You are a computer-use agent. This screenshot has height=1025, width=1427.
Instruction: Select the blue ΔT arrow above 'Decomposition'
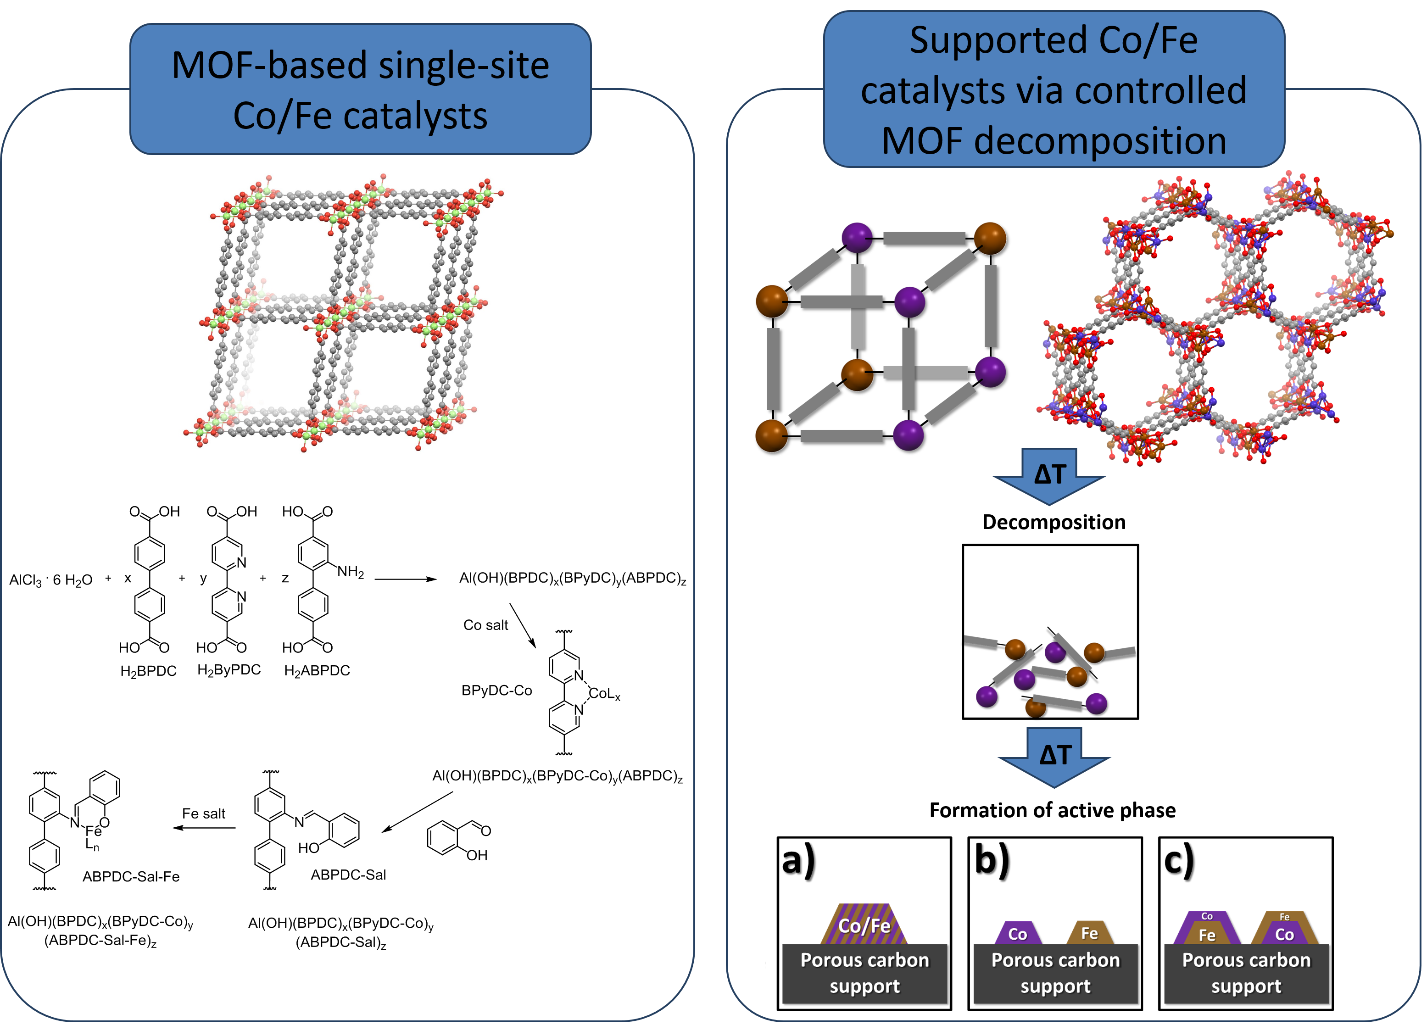pos(1049,476)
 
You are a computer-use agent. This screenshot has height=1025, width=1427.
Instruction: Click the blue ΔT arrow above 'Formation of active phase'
pos(1054,757)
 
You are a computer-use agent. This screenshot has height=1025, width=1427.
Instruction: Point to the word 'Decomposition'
pos(1054,522)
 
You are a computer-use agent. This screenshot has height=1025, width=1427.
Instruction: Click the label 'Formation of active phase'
pos(1053,810)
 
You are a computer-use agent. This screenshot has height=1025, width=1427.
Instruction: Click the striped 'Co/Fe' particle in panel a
pos(864,925)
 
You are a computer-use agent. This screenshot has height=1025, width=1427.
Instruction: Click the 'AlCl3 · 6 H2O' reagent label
pos(51,580)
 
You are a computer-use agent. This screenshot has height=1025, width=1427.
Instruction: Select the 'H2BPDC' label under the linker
pos(149,671)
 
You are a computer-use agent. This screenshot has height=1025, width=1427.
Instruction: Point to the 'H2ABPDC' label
pos(317,671)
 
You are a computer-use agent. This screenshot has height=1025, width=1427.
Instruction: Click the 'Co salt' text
pos(486,625)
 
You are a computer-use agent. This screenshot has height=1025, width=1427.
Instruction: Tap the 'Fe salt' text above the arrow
pos(204,813)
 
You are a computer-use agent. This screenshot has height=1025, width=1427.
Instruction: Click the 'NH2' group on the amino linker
pos(351,572)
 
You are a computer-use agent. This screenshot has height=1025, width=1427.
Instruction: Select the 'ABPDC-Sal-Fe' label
pos(131,876)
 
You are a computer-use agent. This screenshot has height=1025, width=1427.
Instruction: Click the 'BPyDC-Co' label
pos(496,690)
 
